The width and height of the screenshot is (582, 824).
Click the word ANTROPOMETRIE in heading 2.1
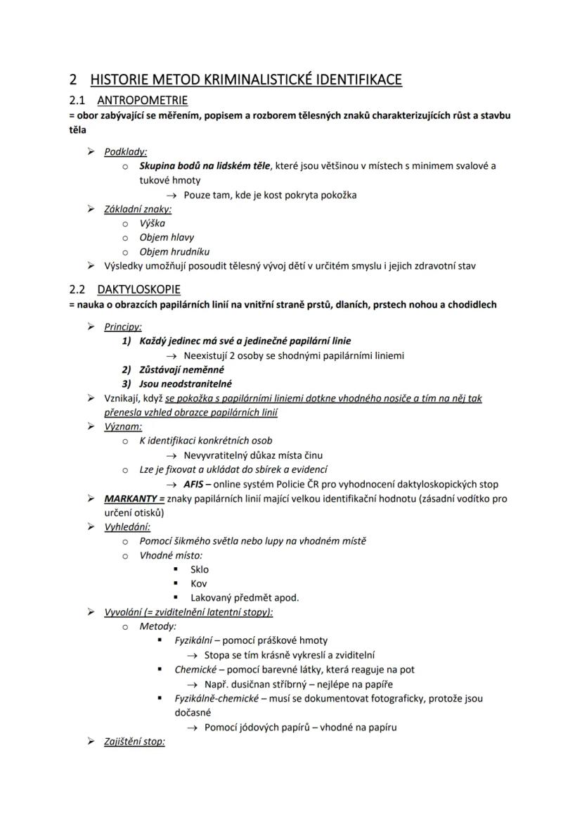pos(142,100)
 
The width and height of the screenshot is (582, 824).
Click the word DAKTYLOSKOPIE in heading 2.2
pos(138,289)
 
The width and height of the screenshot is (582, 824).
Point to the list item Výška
pos(152,223)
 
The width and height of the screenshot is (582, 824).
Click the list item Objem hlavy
pos(167,237)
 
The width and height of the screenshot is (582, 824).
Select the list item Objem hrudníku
pos(174,251)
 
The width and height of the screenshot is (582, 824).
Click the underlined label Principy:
pos(123,327)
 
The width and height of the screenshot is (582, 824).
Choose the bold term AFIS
pos(193,484)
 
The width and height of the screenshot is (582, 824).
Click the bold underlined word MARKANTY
pos(131,498)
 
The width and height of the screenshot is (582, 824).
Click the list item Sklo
pos(200,569)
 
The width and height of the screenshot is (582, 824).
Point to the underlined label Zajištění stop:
pos(134,741)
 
